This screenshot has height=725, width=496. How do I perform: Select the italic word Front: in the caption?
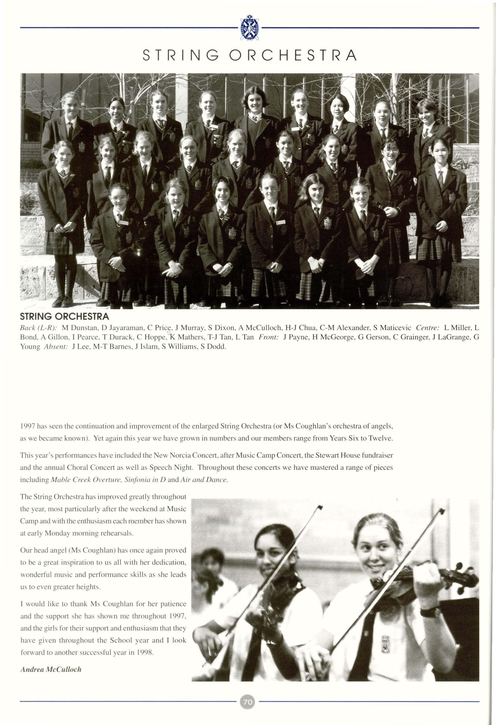coord(268,337)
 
